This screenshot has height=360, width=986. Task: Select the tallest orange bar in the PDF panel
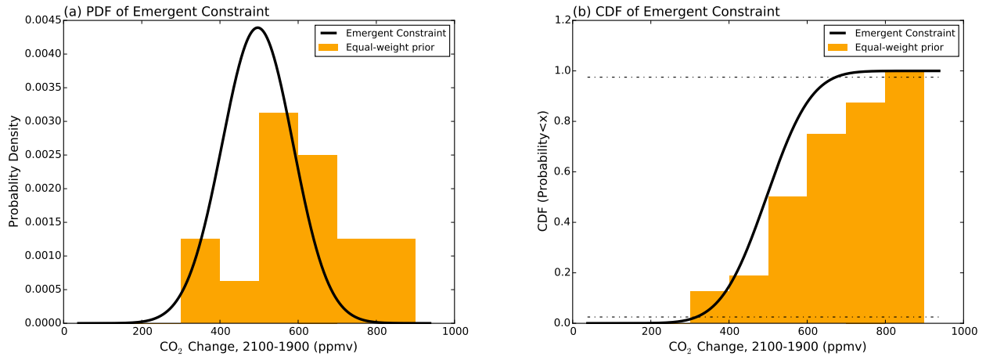point(279,219)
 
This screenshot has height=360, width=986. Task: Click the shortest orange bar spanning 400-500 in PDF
point(239,302)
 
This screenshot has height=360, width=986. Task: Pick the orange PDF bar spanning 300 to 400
point(200,282)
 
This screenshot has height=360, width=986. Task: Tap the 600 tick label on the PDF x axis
point(299,332)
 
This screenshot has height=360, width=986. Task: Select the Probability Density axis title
point(13,172)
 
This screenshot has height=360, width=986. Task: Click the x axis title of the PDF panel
point(258,347)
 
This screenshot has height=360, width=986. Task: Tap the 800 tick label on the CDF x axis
point(886,332)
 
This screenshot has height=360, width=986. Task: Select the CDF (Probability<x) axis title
point(542,172)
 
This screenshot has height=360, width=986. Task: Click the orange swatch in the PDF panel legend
point(329,47)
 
